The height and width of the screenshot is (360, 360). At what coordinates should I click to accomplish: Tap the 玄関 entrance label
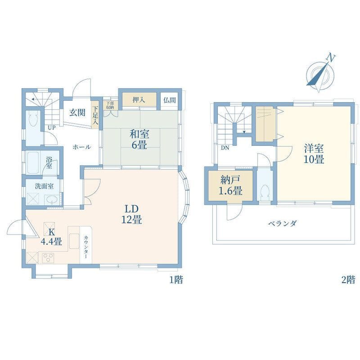tap(77, 112)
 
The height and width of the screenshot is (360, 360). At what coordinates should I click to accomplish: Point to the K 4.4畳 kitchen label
tap(52, 237)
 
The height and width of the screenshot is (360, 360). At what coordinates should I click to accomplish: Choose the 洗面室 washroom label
tap(45, 186)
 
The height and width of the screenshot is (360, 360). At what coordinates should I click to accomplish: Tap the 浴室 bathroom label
tap(49, 162)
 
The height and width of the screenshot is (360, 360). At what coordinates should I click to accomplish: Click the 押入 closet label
tap(139, 100)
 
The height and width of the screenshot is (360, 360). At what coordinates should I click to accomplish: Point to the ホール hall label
tap(82, 147)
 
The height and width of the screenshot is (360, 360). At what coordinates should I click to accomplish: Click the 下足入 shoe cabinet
tap(95, 115)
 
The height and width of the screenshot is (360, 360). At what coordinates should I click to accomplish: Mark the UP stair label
tap(52, 128)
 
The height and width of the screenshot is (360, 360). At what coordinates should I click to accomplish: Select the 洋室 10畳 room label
tap(314, 153)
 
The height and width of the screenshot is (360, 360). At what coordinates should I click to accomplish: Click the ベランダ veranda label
tap(282, 223)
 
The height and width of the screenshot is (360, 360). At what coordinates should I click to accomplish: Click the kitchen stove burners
tap(48, 258)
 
